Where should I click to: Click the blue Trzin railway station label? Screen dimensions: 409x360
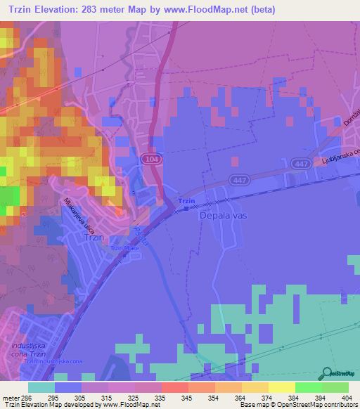point(186,202)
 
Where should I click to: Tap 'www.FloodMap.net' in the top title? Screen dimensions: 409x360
point(210,9)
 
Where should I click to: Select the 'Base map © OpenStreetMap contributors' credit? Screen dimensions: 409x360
point(298,405)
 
